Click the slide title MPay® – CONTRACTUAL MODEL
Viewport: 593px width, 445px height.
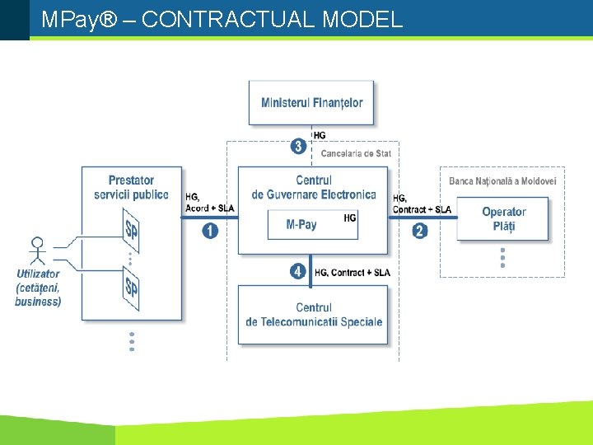coord(222,20)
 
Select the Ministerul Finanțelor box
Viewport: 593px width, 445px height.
coord(311,103)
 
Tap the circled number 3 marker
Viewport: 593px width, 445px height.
coord(299,148)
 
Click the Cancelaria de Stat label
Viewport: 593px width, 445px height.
coord(356,153)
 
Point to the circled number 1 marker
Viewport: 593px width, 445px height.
coord(210,231)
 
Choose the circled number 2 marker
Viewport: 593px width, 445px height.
coord(420,231)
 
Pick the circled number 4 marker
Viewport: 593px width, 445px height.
coord(299,272)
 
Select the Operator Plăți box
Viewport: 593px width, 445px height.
coord(502,219)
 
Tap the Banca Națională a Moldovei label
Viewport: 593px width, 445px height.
coord(502,181)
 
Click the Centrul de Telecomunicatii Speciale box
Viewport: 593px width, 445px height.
coord(314,315)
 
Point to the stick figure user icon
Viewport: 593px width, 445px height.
coord(36,251)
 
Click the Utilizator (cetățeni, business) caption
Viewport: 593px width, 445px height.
coord(38,288)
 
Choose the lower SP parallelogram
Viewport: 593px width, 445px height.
coord(130,288)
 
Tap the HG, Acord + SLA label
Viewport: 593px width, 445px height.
coord(208,203)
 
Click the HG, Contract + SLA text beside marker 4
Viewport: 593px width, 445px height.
coord(353,273)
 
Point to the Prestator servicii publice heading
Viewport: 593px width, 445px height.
coord(131,187)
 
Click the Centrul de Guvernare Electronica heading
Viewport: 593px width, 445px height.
coord(314,187)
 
